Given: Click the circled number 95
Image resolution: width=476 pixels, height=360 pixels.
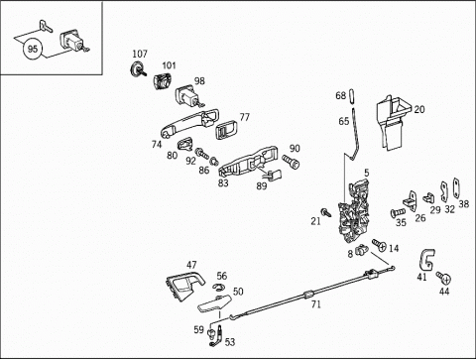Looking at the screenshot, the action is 33,50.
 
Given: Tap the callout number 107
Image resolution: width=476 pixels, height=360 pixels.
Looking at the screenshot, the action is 140,54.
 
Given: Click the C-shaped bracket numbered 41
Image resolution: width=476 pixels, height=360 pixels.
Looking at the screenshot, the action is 426,260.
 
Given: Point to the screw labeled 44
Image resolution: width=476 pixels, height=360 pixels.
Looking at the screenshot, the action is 444,278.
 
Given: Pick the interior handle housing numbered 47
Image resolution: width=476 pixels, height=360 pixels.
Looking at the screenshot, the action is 184,285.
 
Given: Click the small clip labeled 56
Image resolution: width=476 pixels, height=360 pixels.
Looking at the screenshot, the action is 218,287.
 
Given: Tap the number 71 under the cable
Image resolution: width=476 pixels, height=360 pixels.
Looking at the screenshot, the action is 316,303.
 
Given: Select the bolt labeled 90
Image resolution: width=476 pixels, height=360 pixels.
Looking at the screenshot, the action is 291,162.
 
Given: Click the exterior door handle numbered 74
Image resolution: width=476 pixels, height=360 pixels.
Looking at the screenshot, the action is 189,124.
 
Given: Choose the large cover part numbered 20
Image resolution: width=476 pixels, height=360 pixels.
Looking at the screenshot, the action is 392,122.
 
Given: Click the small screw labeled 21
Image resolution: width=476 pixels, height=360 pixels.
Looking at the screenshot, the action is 326,212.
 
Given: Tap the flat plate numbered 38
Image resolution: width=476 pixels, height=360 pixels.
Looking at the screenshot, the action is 456,188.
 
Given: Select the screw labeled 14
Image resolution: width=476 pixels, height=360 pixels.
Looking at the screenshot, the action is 380,245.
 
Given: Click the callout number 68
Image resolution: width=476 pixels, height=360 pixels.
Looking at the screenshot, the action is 340,95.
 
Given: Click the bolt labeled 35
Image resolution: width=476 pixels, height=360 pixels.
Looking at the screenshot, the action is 398,212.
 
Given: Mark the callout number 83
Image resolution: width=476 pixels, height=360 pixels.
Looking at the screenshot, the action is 223,182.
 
